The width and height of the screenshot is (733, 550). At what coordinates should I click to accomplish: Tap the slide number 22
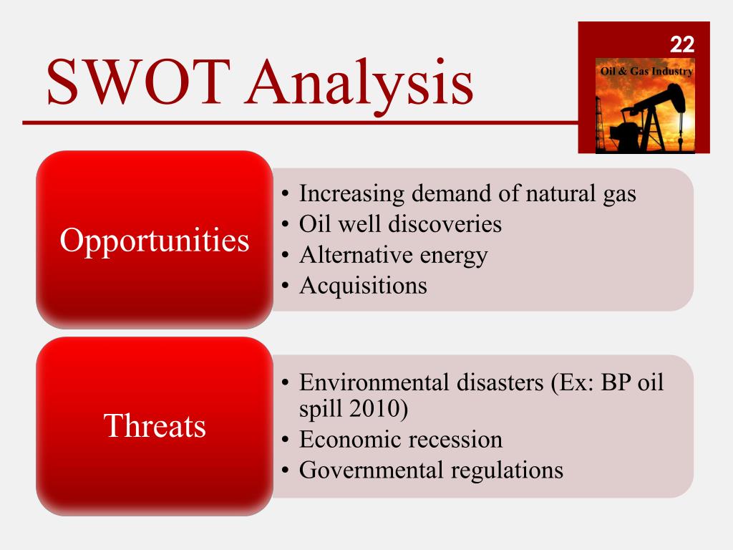(x=681, y=45)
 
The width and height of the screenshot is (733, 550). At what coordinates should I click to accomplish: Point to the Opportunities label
(x=155, y=241)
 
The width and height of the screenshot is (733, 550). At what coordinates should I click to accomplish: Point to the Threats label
(x=155, y=426)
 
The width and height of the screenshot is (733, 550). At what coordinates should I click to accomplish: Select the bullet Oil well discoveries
(x=400, y=224)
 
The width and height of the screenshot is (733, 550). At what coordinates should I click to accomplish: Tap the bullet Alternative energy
(x=393, y=255)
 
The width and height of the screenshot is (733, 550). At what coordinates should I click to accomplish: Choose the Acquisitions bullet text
(x=363, y=286)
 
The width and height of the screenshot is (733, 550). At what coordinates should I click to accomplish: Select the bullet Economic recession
(x=400, y=439)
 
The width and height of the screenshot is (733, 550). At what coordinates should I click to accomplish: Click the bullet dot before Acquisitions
(x=285, y=286)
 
